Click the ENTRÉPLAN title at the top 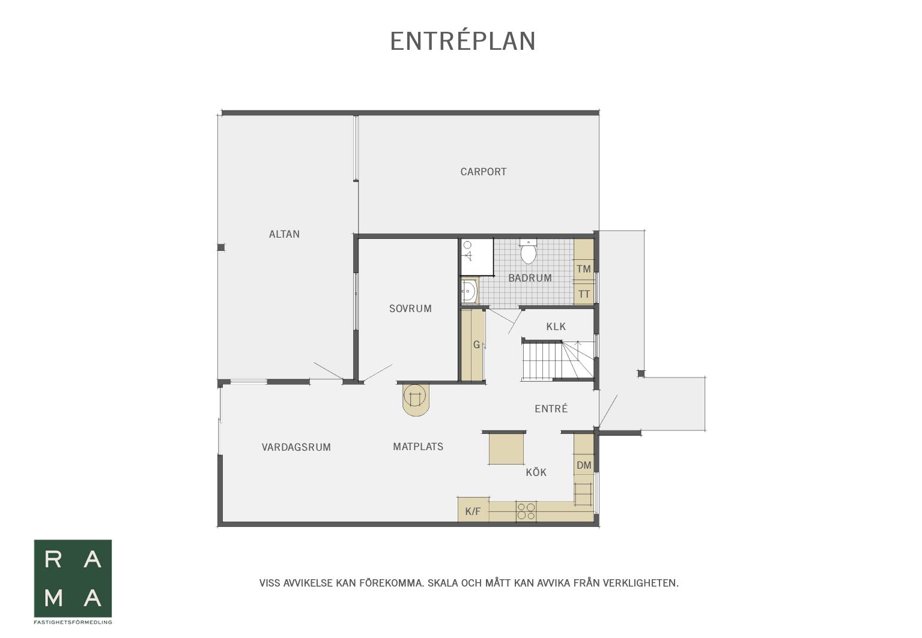(x=463, y=41)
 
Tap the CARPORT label (x=484, y=172)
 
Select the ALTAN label (x=284, y=234)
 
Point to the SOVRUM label (x=410, y=308)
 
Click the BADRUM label (x=530, y=278)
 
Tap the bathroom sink (x=469, y=291)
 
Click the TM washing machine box (x=584, y=269)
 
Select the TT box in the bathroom (x=584, y=294)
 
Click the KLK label (x=556, y=327)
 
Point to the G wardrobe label (x=477, y=345)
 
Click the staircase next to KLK (x=558, y=360)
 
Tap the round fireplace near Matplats (x=416, y=399)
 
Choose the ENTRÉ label (x=551, y=409)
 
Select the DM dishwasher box (x=584, y=465)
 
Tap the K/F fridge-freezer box (x=473, y=511)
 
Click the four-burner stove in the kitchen (x=526, y=511)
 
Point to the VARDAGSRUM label (x=296, y=447)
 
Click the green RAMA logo (x=73, y=579)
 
